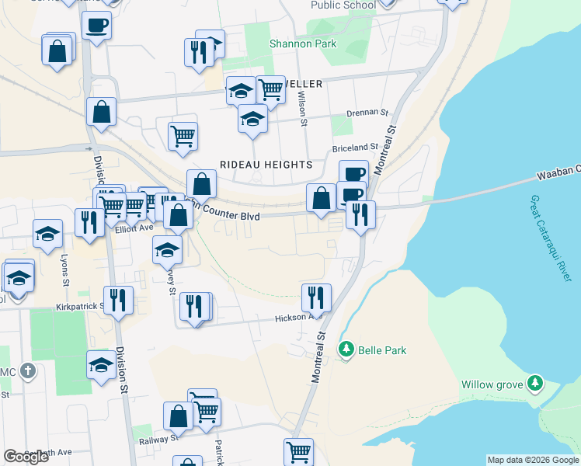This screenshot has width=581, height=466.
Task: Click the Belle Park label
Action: pos(382,350)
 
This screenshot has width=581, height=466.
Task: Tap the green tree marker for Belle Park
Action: pos(346,349)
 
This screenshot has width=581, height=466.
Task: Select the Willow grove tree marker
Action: pos(534,383)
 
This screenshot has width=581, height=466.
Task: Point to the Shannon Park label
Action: pos(303,43)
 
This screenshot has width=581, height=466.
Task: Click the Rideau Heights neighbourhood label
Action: pos(266,165)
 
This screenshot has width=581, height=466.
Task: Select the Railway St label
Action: pos(154,440)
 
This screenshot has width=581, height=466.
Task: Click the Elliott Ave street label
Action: pos(134,228)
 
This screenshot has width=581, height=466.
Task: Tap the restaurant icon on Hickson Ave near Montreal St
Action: pos(316,297)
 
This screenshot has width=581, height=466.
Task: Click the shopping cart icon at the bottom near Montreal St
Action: pos(298,450)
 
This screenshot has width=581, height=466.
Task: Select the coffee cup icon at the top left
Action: pos(96,24)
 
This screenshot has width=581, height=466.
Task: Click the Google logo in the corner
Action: pos(26,457)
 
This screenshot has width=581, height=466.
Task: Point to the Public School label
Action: pos(343,5)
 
